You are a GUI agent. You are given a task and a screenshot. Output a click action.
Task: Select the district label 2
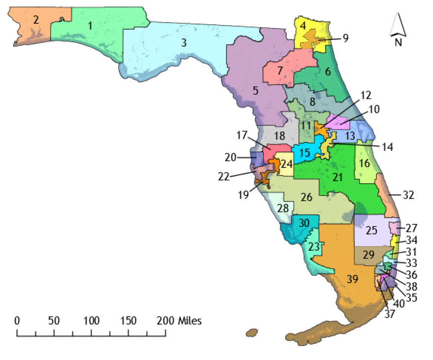36,20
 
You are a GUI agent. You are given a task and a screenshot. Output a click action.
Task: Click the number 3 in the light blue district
184,43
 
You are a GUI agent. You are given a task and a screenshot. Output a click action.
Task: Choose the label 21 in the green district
337,177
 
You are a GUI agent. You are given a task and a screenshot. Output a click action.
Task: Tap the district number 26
307,197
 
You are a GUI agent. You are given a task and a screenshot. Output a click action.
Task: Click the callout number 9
345,38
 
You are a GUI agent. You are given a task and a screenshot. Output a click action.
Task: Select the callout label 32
408,195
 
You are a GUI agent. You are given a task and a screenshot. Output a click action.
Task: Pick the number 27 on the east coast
412,229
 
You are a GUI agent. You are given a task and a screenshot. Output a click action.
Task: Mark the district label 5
255,90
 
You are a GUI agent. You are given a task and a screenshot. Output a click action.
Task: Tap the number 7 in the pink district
279,70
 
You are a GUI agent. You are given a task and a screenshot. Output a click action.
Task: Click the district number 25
371,230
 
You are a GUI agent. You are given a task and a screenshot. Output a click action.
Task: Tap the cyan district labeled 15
305,153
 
